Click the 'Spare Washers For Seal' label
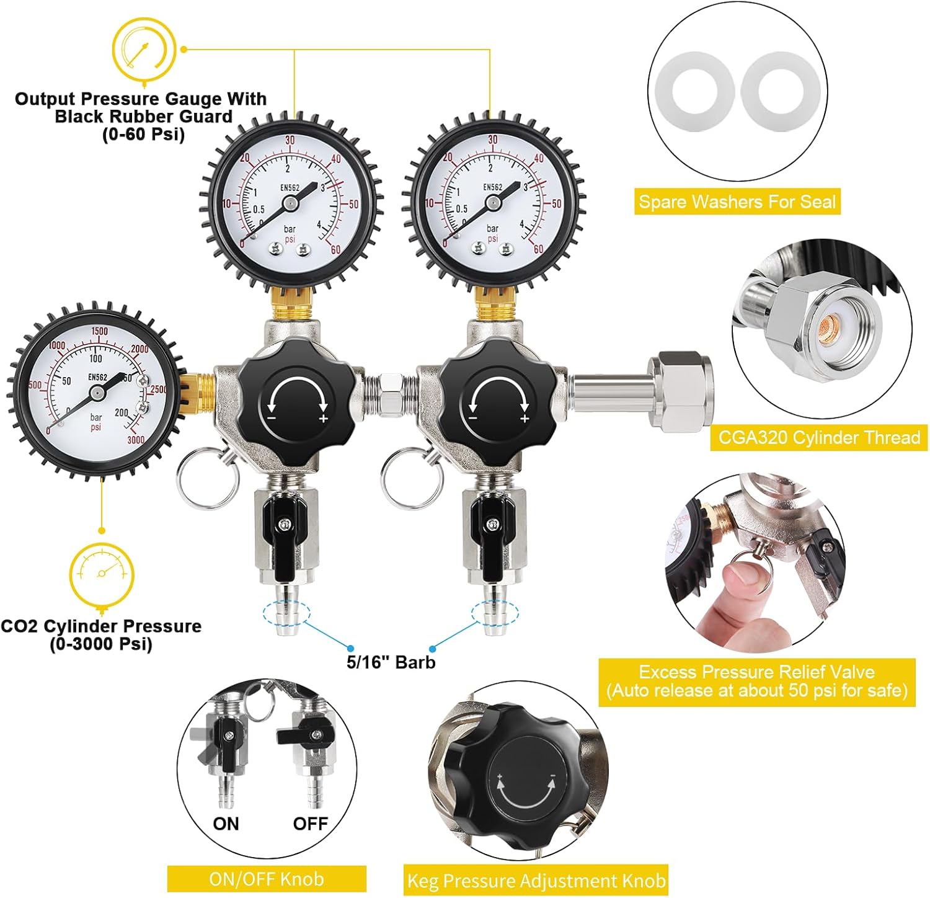pyautogui.click(x=737, y=202)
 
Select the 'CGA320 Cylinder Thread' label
pyautogui.click(x=818, y=438)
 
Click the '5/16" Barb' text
pyautogui.click(x=391, y=662)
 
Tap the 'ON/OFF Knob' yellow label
pyautogui.click(x=267, y=879)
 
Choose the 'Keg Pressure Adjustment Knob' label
pyautogui.click(x=536, y=881)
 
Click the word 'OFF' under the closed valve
pyautogui.click(x=310, y=824)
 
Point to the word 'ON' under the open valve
pyautogui.click(x=226, y=824)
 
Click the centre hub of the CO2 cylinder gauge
pyautogui.click(x=97, y=392)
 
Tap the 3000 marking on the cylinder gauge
pyautogui.click(x=136, y=440)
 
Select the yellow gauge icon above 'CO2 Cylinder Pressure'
pyautogui.click(x=102, y=574)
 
